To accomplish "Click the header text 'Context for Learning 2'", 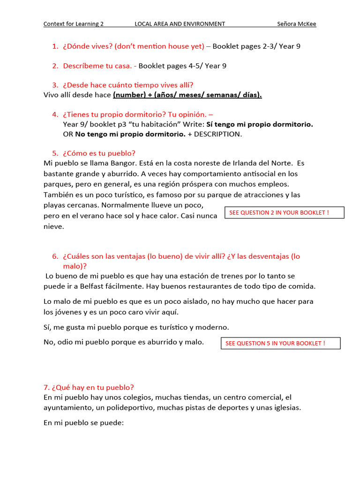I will click(x=74, y=24).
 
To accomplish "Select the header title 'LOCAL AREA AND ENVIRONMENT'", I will click(x=180, y=24).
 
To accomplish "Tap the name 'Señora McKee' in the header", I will click(x=296, y=24).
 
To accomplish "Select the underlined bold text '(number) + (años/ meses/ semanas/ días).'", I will click(x=187, y=95).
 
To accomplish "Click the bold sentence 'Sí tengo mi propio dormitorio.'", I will click(x=260, y=124).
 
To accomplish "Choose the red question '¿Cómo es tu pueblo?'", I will click(x=99, y=153).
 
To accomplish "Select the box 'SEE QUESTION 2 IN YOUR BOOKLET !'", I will click(x=284, y=213).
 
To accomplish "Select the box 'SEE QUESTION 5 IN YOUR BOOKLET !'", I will click(x=280, y=343).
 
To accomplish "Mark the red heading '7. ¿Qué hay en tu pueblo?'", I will click(x=89, y=387).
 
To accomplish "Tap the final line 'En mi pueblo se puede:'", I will click(x=83, y=422).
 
